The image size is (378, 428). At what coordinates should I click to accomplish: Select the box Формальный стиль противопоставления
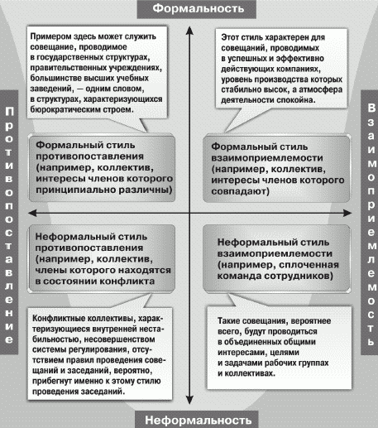tap(102, 168)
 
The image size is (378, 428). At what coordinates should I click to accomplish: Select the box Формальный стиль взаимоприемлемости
tap(277, 168)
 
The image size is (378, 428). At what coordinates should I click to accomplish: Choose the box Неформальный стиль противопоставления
tap(102, 258)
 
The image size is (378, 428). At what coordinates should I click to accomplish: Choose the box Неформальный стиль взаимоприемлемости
tap(277, 258)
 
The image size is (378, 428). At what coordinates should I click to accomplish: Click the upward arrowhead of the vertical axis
tap(189, 30)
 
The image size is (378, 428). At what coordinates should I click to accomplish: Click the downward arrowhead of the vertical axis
tap(189, 401)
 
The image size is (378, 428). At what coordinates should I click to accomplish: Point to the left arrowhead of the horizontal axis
tap(32, 213)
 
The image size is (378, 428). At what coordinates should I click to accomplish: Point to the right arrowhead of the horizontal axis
tap(347, 213)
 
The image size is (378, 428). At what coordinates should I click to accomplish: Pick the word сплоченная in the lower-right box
tap(309, 265)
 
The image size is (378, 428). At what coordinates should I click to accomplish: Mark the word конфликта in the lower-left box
tap(127, 281)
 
